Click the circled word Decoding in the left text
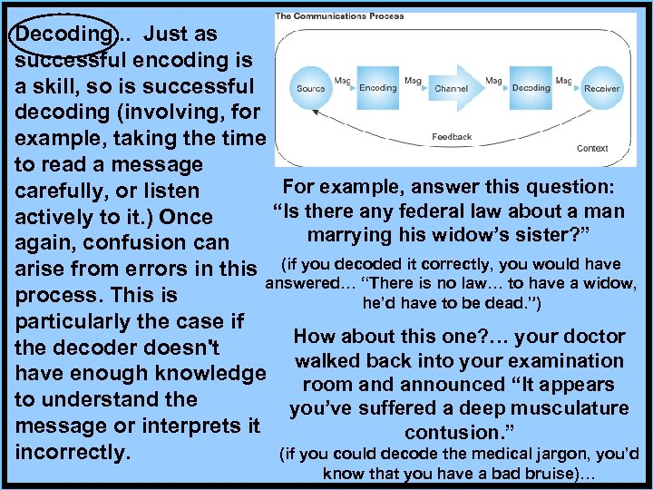[x=56, y=34]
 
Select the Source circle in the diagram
[x=310, y=89]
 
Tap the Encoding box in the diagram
[x=377, y=88]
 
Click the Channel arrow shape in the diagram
[x=452, y=89]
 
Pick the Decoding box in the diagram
[x=531, y=88]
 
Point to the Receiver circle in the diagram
[x=601, y=89]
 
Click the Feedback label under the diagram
[x=452, y=137]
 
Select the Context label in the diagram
[x=592, y=148]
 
